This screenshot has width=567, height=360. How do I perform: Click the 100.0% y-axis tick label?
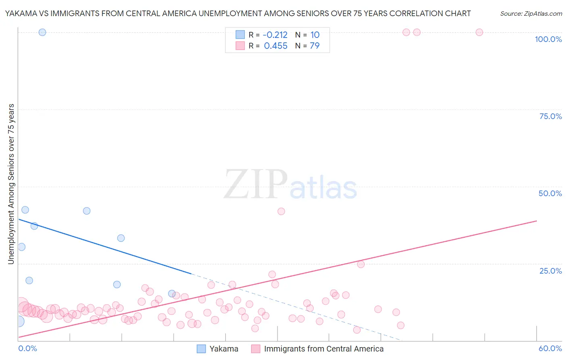pyautogui.click(x=548, y=39)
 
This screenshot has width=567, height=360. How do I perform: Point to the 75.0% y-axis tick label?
pyautogui.click(x=550, y=116)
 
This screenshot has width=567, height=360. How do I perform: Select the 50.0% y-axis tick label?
pyautogui.click(x=550, y=193)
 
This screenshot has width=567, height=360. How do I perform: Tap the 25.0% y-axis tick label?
pyautogui.click(x=550, y=270)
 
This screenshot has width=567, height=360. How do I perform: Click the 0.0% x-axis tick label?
pyautogui.click(x=27, y=348)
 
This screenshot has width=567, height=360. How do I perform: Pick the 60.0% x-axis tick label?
pyautogui.click(x=550, y=348)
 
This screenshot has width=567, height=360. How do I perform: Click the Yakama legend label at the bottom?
pyautogui.click(x=223, y=349)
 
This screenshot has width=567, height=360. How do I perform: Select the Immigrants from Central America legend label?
pyautogui.click(x=323, y=349)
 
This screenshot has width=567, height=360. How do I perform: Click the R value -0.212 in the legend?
pyautogui.click(x=275, y=35)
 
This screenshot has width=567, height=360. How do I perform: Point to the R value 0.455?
pyautogui.click(x=275, y=46)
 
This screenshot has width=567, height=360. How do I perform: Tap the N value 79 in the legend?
pyautogui.click(x=315, y=46)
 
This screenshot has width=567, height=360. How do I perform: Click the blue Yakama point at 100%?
pyautogui.click(x=42, y=32)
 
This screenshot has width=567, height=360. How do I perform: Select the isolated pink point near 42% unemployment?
pyautogui.click(x=281, y=211)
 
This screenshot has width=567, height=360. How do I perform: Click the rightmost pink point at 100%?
pyautogui.click(x=479, y=32)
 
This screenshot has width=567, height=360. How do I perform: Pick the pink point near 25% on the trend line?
pyautogui.click(x=361, y=264)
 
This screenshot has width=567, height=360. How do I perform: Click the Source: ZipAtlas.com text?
pyautogui.click(x=531, y=14)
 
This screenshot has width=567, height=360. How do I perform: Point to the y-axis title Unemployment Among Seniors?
pyautogui.click(x=11, y=184)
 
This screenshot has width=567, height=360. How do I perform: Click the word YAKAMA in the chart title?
pyautogui.click(x=20, y=14)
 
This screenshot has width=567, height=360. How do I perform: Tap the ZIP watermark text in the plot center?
pyautogui.click(x=255, y=184)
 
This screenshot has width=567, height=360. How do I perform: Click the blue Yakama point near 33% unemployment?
pyautogui.click(x=121, y=238)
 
